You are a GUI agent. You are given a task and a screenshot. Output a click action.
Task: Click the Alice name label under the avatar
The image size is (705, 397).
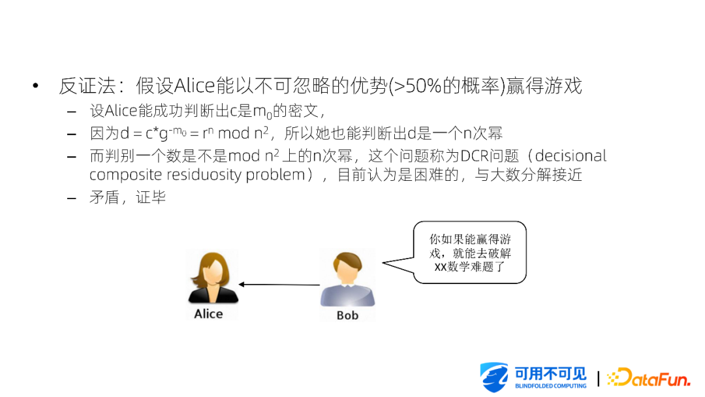coord(208,314)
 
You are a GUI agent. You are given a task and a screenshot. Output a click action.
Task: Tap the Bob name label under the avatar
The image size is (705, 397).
coord(347,315)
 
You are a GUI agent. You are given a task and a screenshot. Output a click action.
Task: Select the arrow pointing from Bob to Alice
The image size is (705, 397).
coord(279,284)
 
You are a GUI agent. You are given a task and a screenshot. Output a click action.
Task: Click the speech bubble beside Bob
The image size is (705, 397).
coord(469,253)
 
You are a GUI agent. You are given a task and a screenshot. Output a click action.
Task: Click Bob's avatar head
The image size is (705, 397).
coord(347,267)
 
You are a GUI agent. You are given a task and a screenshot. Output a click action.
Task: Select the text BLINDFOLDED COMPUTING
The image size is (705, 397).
coord(550,386)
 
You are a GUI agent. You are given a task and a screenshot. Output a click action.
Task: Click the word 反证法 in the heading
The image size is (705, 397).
coord(87,86)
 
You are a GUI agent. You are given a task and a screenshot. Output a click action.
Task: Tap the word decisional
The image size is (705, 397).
coord(571,155)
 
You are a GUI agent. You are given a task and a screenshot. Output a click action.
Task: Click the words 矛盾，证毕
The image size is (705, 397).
coord(128,197)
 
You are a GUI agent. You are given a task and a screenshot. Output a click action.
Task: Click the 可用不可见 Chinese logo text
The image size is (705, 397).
coord(550,373)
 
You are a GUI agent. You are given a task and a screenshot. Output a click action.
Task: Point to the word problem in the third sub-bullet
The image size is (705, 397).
coord(275,175)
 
